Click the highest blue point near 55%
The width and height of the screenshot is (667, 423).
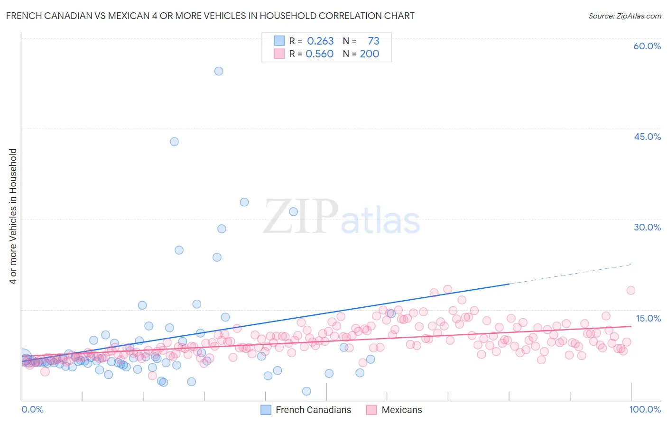click(219, 71)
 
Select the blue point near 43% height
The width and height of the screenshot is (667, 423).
click(174, 142)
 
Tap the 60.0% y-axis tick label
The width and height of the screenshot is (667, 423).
click(647, 46)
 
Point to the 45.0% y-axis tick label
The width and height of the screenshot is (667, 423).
click(647, 137)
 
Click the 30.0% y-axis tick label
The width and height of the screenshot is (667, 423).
click(647, 227)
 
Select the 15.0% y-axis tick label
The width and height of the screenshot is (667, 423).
click(648, 318)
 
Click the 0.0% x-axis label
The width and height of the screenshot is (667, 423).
click(32, 409)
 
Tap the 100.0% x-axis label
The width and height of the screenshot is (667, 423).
click(645, 409)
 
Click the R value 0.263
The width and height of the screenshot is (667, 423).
click(320, 41)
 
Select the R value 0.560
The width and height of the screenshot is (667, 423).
click(320, 54)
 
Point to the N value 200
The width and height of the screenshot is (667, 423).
click(369, 54)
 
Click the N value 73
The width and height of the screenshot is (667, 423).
click(373, 41)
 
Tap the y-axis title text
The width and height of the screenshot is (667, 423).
click(13, 216)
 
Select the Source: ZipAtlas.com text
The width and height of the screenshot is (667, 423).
click(624, 16)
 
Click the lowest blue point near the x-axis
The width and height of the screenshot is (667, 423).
click(306, 391)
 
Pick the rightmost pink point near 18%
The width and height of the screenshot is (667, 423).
click(630, 291)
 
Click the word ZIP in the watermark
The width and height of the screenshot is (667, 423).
click(301, 217)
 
